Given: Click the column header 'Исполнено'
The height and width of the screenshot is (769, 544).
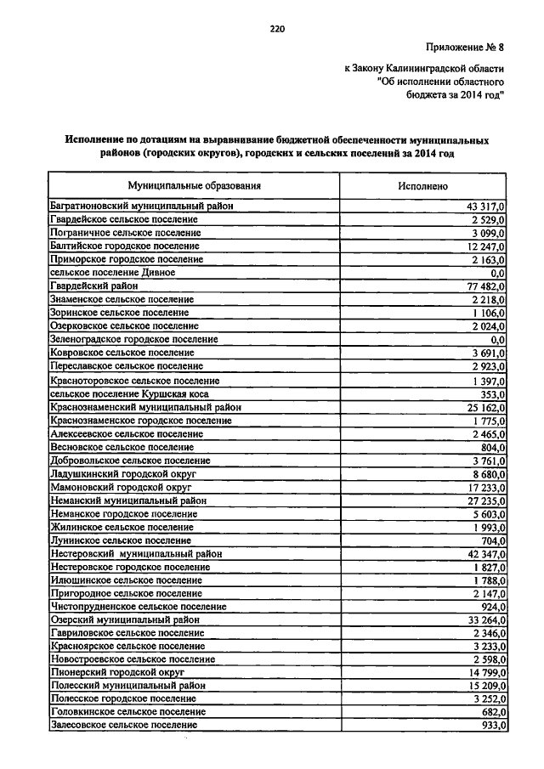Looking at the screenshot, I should (x=422, y=185).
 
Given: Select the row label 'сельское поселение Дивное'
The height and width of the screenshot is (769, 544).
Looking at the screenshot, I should (x=113, y=273).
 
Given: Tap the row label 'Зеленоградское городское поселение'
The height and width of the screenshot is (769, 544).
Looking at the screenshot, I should (x=134, y=339).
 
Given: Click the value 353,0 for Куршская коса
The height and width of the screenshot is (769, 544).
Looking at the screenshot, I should (x=492, y=393).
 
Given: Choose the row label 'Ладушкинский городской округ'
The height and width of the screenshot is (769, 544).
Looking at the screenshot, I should (x=123, y=473).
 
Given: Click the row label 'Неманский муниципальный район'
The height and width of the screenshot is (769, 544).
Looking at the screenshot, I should (x=128, y=500).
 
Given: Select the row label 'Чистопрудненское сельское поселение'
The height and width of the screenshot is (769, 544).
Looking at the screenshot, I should (x=139, y=607).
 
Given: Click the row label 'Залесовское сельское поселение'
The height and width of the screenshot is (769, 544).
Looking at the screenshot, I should (x=124, y=725).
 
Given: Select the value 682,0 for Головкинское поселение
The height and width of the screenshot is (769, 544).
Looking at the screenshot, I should (x=492, y=712).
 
